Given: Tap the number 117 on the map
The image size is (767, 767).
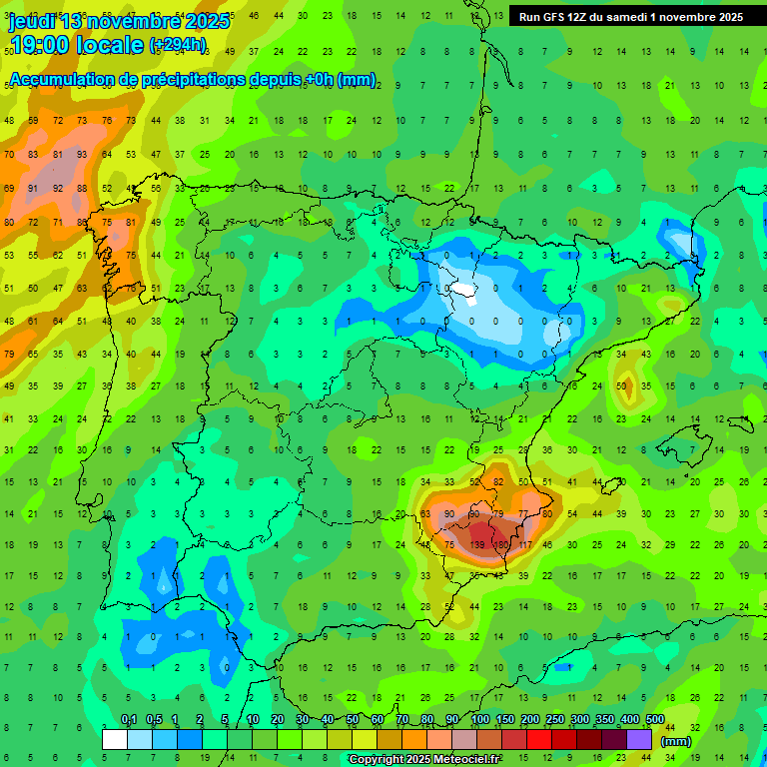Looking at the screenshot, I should click(524, 545).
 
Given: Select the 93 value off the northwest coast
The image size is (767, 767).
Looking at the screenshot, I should click(81, 154).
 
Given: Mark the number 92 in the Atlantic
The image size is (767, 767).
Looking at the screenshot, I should click(57, 187).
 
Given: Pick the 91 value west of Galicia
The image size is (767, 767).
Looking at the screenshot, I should click(33, 187).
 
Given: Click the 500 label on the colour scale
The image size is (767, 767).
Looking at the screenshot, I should click(655, 720).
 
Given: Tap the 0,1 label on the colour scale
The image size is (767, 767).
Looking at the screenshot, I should click(129, 720).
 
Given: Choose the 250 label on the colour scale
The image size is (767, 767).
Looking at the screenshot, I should click(555, 720).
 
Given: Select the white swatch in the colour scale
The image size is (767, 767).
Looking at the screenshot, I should click(115, 739).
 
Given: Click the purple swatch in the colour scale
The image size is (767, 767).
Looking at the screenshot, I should click(639, 739).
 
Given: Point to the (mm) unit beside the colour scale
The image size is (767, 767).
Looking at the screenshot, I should click(676, 741).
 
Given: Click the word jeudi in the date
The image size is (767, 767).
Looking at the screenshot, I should click(29, 21).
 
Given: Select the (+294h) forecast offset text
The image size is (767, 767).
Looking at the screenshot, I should click(177, 44).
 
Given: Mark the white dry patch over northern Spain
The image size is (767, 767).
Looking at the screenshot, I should click(465, 291).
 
